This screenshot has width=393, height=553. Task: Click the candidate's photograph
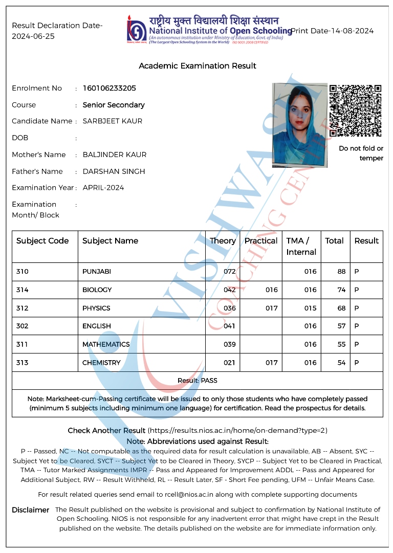[300, 125]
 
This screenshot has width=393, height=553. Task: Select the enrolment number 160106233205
[110, 88]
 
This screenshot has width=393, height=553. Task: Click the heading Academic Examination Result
[198, 66]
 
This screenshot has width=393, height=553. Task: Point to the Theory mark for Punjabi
[230, 272]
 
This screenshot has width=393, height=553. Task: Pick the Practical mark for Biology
[271, 290]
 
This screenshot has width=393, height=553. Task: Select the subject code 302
[23, 326]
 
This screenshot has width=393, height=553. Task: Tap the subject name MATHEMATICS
[106, 345]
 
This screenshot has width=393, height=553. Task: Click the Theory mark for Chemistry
[230, 363]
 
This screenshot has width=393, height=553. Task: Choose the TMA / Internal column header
[301, 246]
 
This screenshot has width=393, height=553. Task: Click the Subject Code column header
[42, 241]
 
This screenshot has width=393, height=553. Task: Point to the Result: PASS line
[197, 381]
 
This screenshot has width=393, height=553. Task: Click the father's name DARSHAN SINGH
[114, 171]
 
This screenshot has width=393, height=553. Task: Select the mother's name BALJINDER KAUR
[115, 154]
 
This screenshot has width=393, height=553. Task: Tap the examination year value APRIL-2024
[103, 188]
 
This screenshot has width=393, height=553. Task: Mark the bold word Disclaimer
[31, 510]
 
